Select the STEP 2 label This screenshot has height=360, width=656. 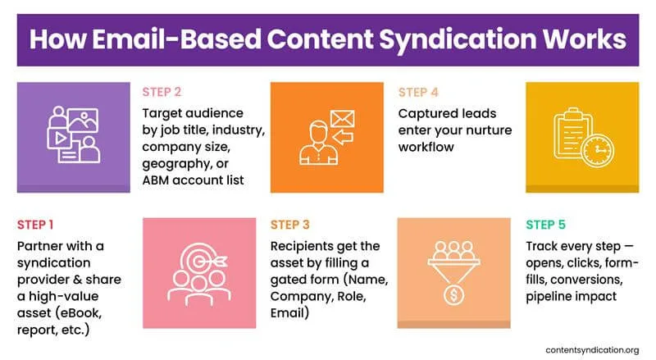click(x=161, y=92)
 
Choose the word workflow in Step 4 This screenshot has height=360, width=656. click(x=427, y=146)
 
